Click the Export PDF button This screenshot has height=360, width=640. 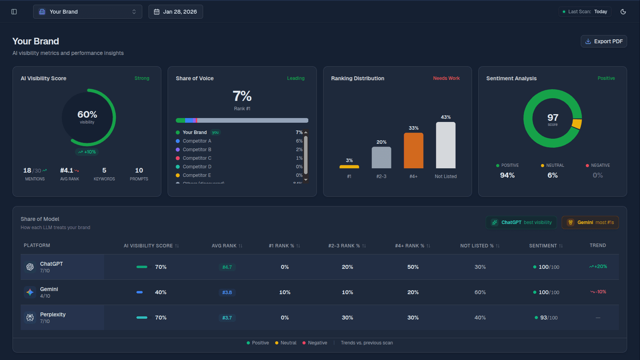604,41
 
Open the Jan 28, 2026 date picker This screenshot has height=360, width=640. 175,12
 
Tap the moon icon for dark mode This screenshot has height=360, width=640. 623,12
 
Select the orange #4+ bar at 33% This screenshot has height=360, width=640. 414,150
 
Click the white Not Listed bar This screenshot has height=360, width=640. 446,145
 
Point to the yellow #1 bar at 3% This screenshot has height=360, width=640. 349,167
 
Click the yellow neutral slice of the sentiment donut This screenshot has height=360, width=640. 577,124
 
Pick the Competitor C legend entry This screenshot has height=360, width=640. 197,158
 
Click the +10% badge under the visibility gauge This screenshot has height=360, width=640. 87,152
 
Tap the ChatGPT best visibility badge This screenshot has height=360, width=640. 521,222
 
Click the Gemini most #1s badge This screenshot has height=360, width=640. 590,222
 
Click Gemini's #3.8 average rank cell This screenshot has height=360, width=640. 227,293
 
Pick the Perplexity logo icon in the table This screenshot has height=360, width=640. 30,318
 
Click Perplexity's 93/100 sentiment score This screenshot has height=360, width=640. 548,318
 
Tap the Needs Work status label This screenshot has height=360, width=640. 446,78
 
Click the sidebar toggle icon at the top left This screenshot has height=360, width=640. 14,12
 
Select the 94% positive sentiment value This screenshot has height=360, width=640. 507,175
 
